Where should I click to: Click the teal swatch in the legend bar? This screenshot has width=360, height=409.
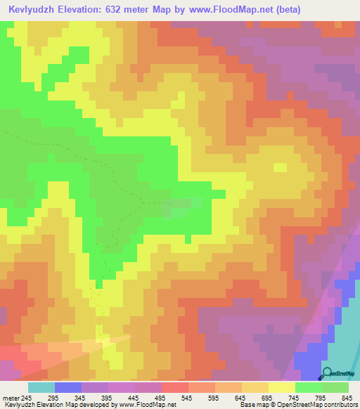(41, 387)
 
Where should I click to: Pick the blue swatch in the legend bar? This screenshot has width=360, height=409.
(68, 387)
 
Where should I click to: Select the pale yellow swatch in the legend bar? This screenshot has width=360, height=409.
(281, 387)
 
